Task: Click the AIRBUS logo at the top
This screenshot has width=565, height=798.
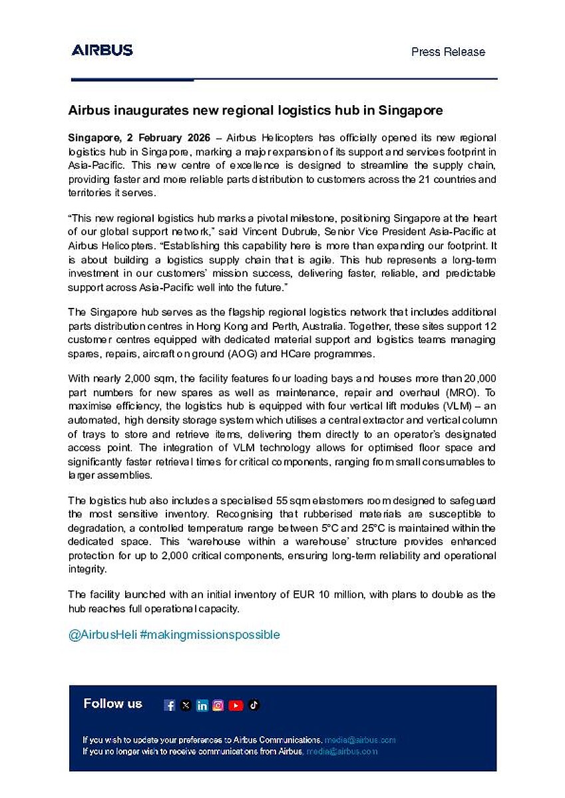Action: (x=102, y=50)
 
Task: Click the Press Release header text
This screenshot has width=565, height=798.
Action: (x=448, y=52)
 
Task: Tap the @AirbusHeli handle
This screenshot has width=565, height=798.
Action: (x=102, y=634)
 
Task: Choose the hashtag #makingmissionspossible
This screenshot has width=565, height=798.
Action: (x=210, y=634)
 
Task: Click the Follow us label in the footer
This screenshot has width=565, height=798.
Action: (x=112, y=704)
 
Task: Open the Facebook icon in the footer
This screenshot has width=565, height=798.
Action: (x=170, y=706)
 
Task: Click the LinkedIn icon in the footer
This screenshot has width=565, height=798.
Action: (x=202, y=706)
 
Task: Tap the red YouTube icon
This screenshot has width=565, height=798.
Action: (x=236, y=706)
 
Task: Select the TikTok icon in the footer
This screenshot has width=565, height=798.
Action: (x=254, y=706)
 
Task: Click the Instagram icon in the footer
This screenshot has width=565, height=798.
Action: (x=218, y=706)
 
